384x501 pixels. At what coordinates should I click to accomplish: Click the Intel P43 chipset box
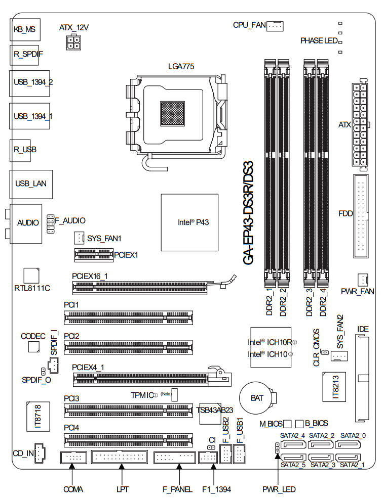tap(189, 222)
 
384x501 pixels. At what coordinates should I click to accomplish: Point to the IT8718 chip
tap(37, 417)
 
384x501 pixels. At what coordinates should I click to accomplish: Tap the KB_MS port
tap(24, 30)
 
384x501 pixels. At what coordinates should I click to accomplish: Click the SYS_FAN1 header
tap(79, 237)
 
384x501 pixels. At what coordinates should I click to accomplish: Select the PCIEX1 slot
tap(93, 255)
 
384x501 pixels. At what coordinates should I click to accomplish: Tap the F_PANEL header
tap(174, 458)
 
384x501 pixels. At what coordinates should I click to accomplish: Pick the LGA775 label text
tap(181, 66)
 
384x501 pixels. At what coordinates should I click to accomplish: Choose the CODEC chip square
tap(34, 346)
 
